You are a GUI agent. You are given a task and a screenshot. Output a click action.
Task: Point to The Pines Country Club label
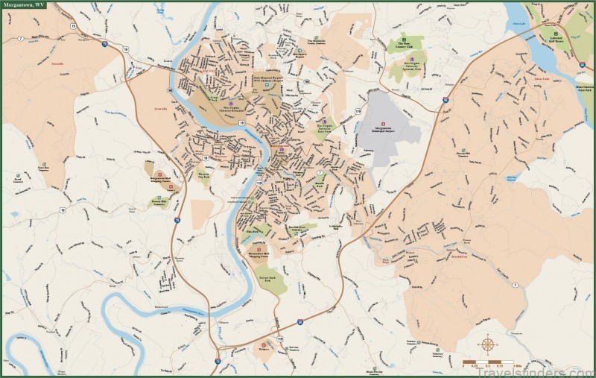405,45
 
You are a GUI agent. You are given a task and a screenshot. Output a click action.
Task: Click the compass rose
489,344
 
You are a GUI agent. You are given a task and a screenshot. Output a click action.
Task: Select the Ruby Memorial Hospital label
267,76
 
